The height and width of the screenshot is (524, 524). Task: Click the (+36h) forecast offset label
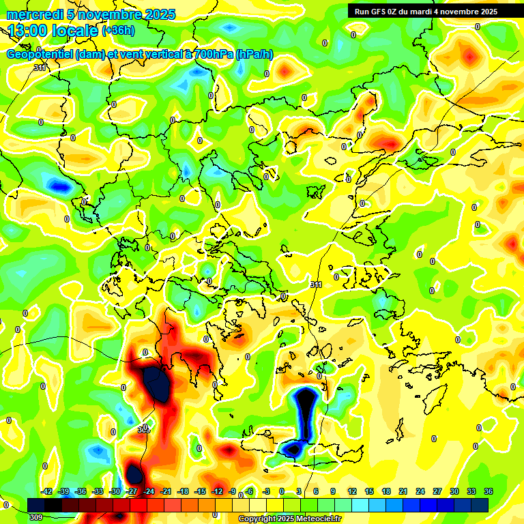click(118, 31)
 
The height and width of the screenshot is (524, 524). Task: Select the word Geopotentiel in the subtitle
click(40, 55)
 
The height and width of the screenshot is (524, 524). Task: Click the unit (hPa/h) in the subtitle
click(254, 55)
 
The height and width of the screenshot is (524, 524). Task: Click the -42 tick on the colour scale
click(47, 491)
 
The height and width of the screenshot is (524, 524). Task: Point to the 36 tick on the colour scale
click(489, 491)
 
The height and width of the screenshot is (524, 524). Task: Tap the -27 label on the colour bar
click(132, 491)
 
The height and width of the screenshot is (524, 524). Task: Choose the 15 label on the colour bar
click(369, 491)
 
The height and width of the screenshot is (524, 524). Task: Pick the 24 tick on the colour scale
click(420, 491)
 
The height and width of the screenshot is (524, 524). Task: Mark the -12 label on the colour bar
click(217, 491)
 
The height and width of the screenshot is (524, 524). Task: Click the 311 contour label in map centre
click(315, 285)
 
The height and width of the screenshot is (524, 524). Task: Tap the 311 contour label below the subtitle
click(40, 68)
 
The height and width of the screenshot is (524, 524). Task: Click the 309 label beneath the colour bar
click(36, 517)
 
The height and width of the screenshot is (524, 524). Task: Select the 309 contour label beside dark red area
click(143, 430)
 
